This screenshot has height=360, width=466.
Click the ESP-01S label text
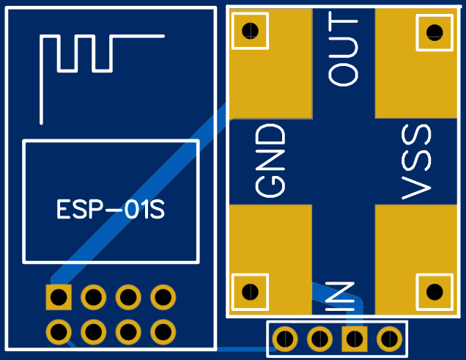tap(110, 209)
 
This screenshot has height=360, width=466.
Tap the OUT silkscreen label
tap(343, 49)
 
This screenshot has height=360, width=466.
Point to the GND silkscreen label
tap(270, 161)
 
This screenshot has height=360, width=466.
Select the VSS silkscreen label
tap(416, 162)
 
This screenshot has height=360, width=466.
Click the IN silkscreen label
tap(340, 296)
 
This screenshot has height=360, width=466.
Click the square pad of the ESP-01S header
tap(59, 297)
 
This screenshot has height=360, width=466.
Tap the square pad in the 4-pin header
tap(355, 339)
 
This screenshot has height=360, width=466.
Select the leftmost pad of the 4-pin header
tap(285, 339)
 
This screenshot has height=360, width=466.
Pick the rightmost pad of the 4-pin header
tap(389, 339)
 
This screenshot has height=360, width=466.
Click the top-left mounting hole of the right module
tap(251, 31)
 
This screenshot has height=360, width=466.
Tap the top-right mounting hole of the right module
tap(434, 32)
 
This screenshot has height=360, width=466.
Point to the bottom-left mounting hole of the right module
tap(251, 292)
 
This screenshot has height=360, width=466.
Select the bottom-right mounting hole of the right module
tap(434, 292)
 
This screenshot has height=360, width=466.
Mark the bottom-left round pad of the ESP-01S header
tap(59, 331)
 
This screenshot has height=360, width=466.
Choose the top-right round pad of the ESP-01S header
tap(163, 297)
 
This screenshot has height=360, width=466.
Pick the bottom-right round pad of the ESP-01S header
tap(163, 331)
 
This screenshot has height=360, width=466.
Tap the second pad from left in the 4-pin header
tap(319, 339)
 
